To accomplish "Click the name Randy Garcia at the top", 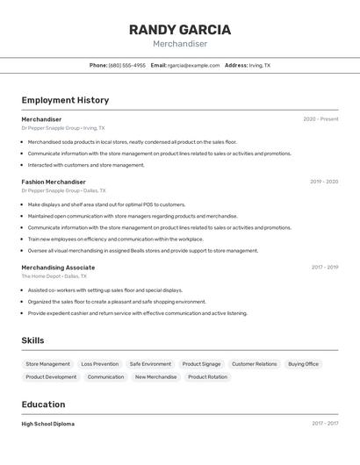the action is click(180, 30).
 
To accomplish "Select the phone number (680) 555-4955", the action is click(127, 66).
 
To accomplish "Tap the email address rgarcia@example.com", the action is click(193, 66).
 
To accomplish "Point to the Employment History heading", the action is click(65, 101).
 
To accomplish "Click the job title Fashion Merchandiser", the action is click(54, 182).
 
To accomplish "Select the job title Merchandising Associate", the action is click(58, 268).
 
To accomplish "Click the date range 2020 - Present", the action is click(320, 119).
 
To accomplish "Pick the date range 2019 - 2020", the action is click(324, 182).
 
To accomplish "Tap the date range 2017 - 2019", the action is click(324, 268).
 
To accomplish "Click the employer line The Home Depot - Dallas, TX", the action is click(55, 276).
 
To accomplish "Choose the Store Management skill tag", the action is click(47, 364).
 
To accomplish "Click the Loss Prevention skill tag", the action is click(99, 364).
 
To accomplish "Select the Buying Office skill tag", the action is click(303, 364).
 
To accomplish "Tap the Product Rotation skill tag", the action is click(207, 377).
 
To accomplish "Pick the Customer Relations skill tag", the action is click(254, 364).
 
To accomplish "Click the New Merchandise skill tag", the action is click(155, 377).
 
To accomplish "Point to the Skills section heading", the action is click(32, 340).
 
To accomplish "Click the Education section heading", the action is click(43, 404).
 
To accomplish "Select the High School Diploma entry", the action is click(48, 424).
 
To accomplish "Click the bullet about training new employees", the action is click(115, 239).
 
